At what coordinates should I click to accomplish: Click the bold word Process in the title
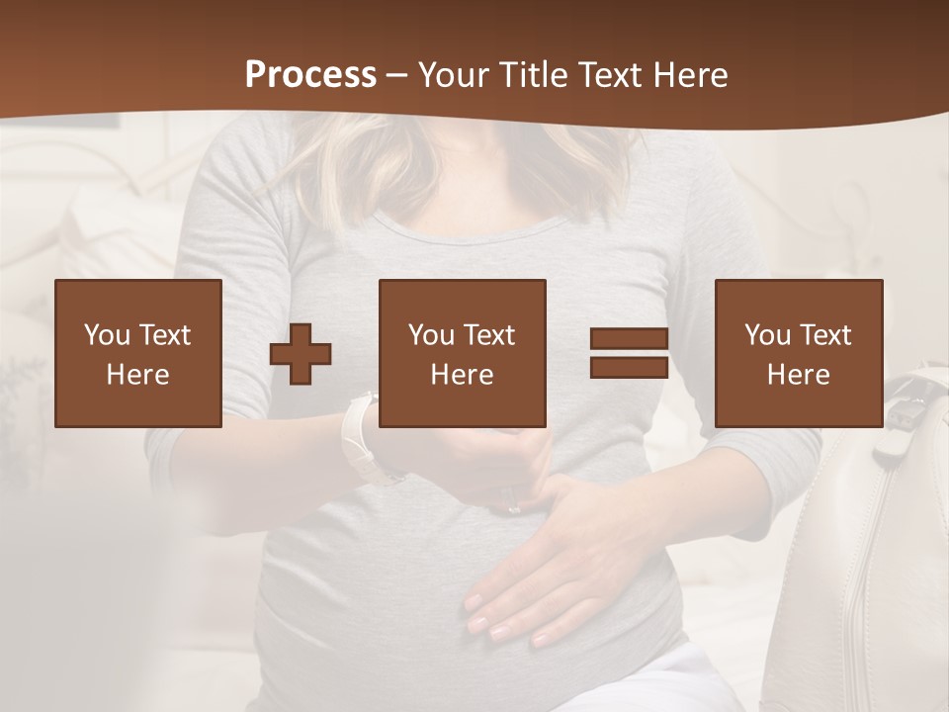click(310, 75)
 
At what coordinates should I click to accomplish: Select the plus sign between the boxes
click(301, 354)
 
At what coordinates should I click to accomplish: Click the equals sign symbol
click(629, 353)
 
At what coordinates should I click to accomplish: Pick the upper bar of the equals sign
click(629, 339)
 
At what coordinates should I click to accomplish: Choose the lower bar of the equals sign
click(629, 367)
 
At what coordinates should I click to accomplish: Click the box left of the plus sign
click(138, 353)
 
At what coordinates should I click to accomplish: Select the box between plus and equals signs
click(463, 353)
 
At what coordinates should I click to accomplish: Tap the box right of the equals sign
click(799, 353)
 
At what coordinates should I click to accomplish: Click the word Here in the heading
click(688, 75)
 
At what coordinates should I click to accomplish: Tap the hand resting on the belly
click(554, 574)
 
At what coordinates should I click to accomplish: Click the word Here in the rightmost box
click(799, 375)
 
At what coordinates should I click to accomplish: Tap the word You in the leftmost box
click(107, 335)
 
